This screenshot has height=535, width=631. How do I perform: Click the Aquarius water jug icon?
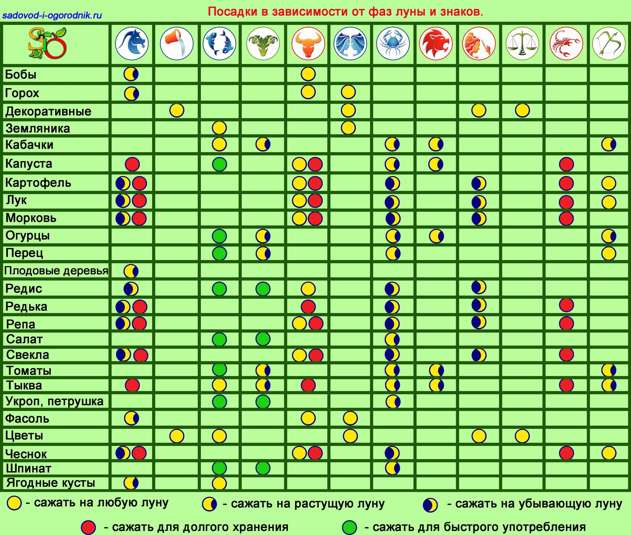(x=176, y=43)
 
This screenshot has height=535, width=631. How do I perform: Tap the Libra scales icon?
(x=522, y=43)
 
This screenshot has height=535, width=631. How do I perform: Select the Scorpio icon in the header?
(x=566, y=43)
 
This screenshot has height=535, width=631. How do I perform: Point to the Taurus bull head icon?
(x=308, y=43)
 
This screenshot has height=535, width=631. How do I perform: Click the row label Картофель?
(x=38, y=183)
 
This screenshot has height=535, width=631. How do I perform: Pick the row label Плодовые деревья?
(x=56, y=271)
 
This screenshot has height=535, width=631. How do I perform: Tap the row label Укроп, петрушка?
(x=55, y=401)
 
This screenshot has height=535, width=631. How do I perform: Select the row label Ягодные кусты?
(x=51, y=483)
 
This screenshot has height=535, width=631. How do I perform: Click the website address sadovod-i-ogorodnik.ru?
(x=52, y=15)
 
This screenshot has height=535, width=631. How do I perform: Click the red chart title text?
(x=345, y=12)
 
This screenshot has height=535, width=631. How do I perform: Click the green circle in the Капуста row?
(x=220, y=164)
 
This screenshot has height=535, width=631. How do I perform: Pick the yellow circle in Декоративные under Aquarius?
(x=176, y=110)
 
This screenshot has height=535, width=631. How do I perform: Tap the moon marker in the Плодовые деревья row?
(x=131, y=271)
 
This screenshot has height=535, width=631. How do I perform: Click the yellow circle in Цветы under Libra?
(x=522, y=436)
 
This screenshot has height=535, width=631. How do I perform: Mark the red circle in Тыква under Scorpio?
(x=566, y=385)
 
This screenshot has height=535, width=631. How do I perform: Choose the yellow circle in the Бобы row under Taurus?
(x=308, y=74)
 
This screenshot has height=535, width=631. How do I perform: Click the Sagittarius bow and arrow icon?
(x=609, y=43)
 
